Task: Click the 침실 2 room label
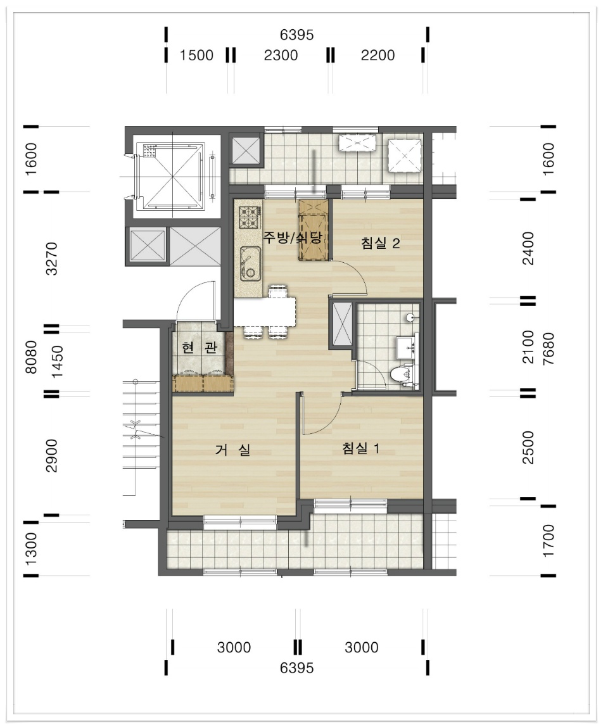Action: (x=380, y=243)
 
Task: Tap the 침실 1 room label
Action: (x=361, y=448)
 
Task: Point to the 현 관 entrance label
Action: (x=200, y=347)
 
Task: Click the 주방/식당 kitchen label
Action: (x=292, y=237)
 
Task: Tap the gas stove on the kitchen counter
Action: (x=249, y=217)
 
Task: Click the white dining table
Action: (x=264, y=312)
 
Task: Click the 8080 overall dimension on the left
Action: (x=31, y=357)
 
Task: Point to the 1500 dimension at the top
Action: (x=196, y=55)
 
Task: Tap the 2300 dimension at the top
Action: (x=281, y=55)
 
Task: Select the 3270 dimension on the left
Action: (x=53, y=258)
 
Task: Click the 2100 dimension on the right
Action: (x=528, y=347)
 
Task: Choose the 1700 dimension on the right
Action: (x=549, y=541)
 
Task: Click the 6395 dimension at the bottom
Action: (x=297, y=667)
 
